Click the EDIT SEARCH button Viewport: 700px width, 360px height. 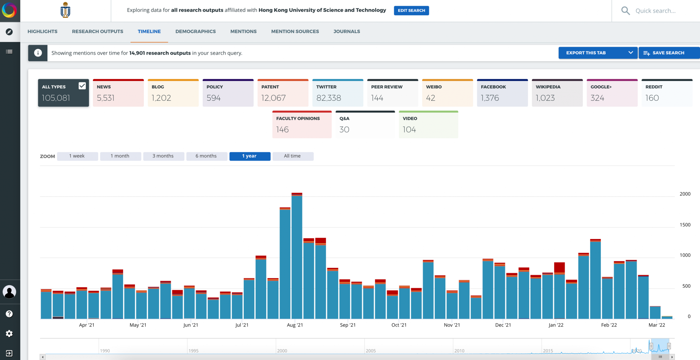point(411,11)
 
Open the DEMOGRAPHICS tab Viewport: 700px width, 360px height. point(196,31)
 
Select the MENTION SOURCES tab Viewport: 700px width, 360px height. point(295,31)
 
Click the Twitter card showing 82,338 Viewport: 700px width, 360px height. point(337,93)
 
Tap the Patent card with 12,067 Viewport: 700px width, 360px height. point(283,93)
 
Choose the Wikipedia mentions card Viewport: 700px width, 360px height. point(557,93)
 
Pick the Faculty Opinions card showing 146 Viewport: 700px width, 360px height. point(302,125)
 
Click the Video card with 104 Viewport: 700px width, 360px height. point(428,125)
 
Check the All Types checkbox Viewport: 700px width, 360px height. point(82,86)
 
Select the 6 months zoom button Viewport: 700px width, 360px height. point(206,156)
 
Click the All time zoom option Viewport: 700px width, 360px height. point(293,156)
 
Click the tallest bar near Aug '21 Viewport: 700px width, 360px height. point(297,256)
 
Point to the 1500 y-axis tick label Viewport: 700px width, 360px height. point(685,225)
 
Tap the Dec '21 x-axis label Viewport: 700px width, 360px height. point(503,325)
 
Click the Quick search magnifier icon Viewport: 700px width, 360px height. point(625,11)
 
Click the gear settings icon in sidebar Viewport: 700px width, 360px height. point(9,334)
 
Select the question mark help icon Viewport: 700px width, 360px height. point(9,314)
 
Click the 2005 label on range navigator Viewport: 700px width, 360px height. point(371,351)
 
